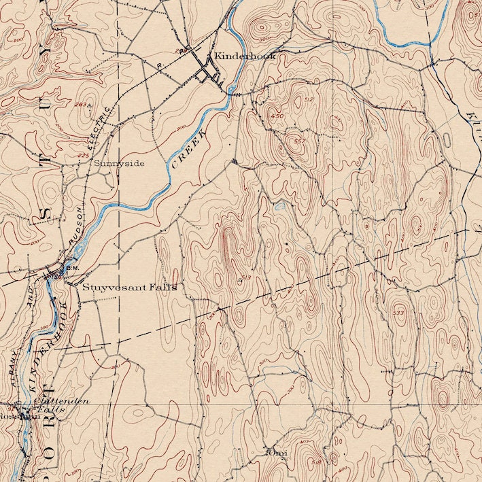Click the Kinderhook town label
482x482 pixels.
pos(244,56)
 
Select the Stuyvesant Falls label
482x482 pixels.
pos(129,288)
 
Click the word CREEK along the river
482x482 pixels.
pos(188,148)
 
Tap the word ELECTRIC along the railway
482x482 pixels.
pos(99,125)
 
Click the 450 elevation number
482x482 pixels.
pos(277,116)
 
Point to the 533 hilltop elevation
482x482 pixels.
pos(398,312)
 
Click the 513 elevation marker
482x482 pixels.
pos(245,278)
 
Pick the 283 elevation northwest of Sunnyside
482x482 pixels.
pos(82,105)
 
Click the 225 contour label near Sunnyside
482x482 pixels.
pos(83,156)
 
